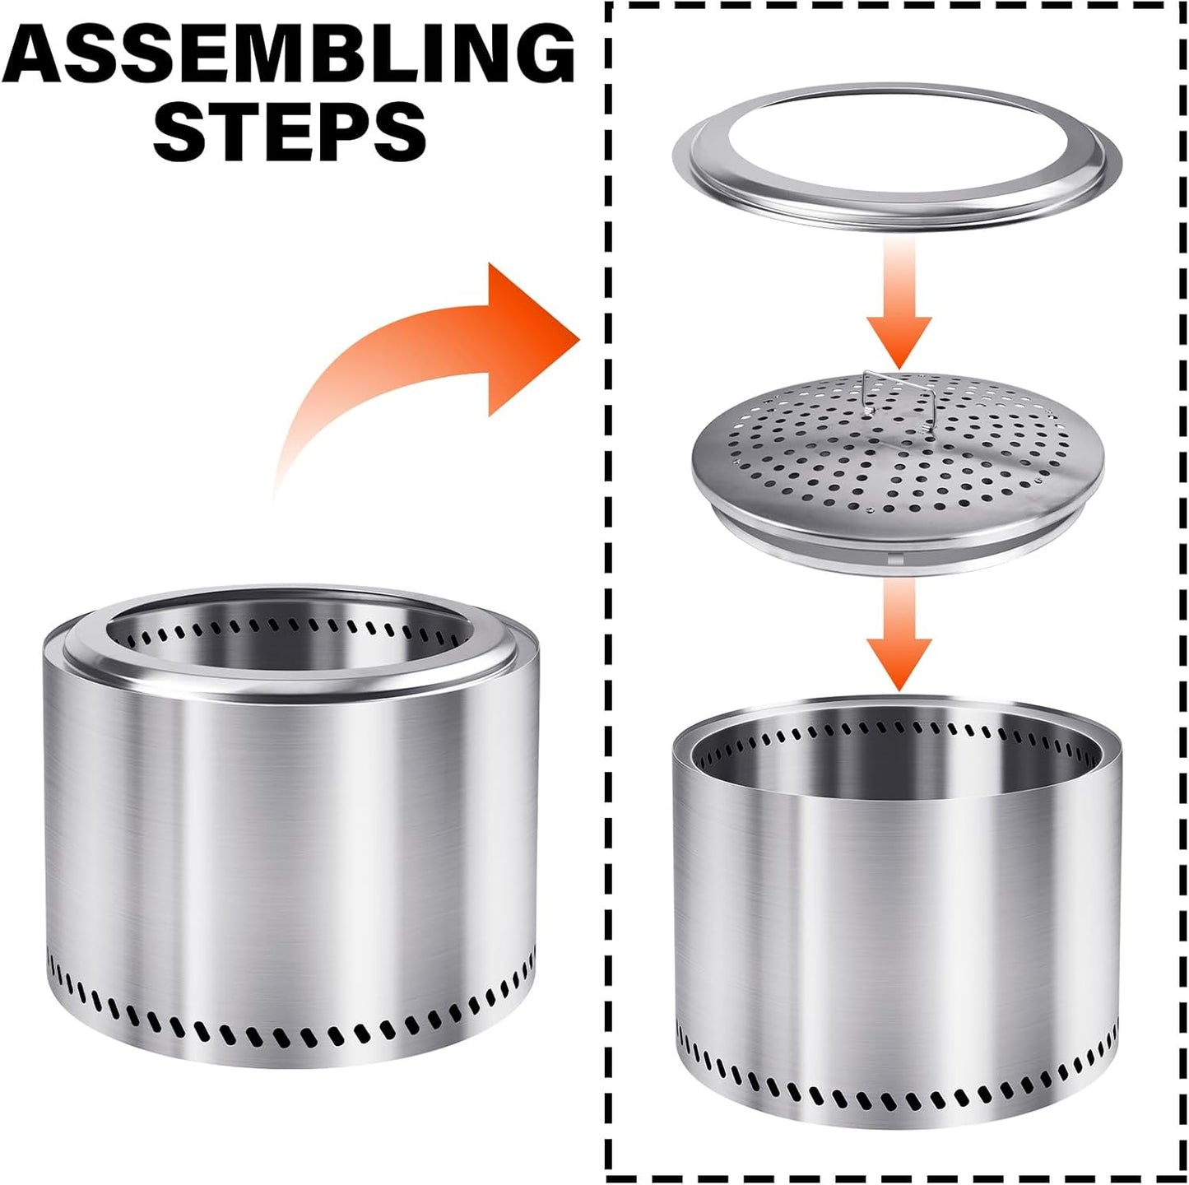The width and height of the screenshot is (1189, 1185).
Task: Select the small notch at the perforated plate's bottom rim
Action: coord(892,559)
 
